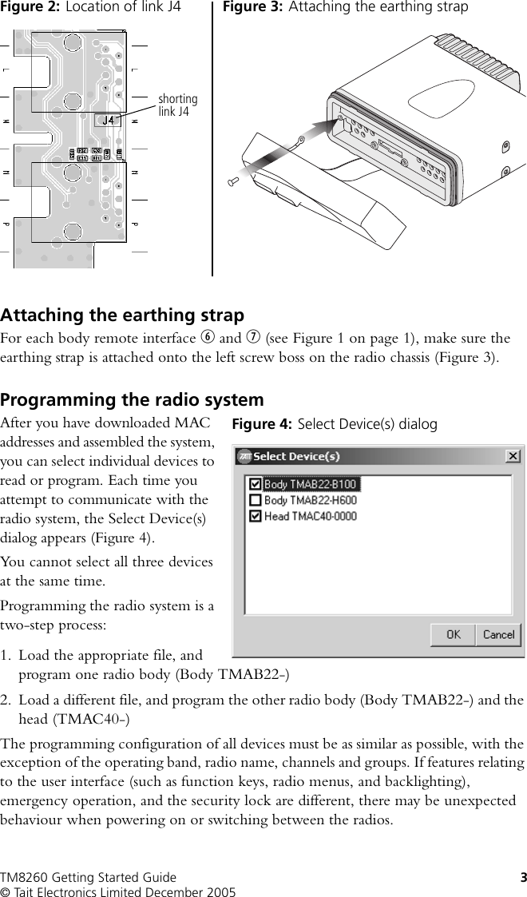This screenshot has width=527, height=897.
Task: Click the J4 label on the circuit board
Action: (x=109, y=120)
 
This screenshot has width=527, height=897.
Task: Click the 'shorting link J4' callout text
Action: (x=177, y=105)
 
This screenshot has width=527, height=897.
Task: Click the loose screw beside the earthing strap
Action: (x=233, y=182)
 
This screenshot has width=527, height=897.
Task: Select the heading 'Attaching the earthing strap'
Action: (x=122, y=315)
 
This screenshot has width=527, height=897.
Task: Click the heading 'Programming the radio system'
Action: (x=132, y=399)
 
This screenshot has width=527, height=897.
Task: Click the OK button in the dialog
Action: (x=453, y=635)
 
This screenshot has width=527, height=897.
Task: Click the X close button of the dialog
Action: (x=513, y=456)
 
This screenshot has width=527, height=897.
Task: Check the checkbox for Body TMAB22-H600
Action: (x=255, y=500)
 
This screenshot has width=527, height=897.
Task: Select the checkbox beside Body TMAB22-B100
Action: (x=255, y=484)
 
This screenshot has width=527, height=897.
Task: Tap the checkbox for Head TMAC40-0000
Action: (x=255, y=516)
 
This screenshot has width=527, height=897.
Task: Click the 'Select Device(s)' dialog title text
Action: (x=296, y=456)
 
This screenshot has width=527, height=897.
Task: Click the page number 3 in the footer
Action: (x=523, y=878)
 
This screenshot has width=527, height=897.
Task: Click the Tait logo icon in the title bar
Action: (x=244, y=456)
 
